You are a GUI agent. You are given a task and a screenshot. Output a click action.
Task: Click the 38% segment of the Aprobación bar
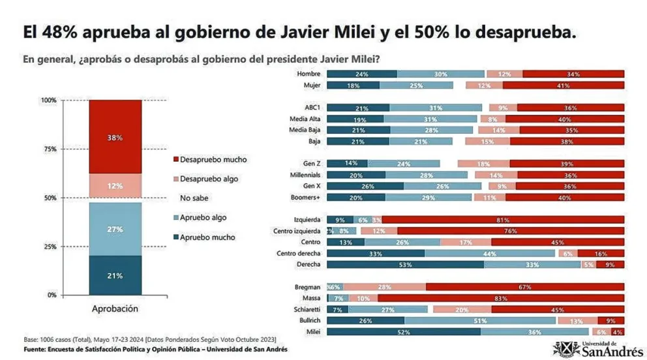click(x=115, y=137)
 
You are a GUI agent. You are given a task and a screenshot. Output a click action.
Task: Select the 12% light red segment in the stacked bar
click(x=115, y=186)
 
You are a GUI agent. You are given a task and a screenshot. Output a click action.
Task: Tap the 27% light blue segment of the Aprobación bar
click(x=115, y=229)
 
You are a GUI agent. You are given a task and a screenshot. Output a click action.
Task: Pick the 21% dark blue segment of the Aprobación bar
click(x=115, y=275)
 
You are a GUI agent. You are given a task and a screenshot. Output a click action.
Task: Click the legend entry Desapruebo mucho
click(x=213, y=160)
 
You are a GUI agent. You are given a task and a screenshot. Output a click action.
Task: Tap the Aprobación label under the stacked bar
click(x=115, y=308)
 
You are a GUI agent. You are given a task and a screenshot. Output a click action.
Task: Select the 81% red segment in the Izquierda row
click(x=502, y=220)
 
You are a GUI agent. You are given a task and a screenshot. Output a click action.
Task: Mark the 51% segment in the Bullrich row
click(x=479, y=320)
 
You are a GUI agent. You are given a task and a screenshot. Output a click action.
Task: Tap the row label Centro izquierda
click(x=298, y=231)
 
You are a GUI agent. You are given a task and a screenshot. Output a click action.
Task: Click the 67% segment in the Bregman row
click(x=525, y=287)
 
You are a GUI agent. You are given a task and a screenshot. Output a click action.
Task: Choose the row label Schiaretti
click(x=304, y=309)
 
